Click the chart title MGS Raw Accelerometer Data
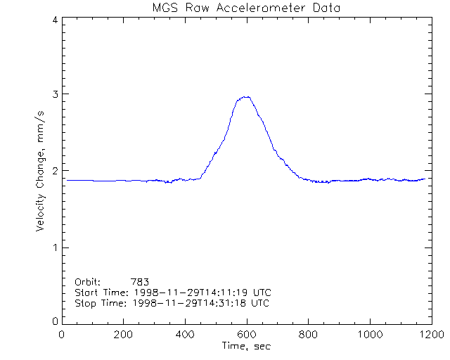coord(245,8)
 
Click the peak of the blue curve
coord(246,97)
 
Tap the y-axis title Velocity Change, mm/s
coord(40,170)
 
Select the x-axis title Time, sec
coord(246,346)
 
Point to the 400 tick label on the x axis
coord(185,334)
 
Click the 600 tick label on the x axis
coord(246,334)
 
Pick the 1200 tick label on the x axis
coord(430,334)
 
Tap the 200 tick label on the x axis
coord(123,334)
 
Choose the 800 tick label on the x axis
coord(308,334)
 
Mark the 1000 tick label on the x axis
coord(368,334)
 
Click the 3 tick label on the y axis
coord(54,94)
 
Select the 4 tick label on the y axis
coord(54,20)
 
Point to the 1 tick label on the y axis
coord(54,247)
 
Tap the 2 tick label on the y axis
coord(54,171)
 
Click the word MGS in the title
coord(165,8)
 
